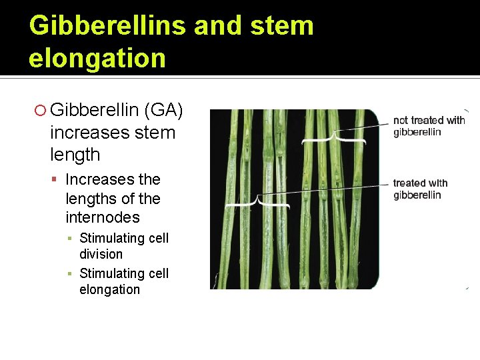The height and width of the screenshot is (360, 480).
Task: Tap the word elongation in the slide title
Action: tap(97, 58)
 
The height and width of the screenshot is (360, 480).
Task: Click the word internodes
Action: tap(103, 217)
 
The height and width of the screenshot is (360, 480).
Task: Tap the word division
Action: tap(101, 254)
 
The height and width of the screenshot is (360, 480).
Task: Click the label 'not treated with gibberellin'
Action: tap(429, 126)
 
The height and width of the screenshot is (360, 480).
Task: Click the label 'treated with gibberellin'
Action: tap(420, 189)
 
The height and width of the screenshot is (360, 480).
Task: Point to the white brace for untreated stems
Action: tap(333, 140)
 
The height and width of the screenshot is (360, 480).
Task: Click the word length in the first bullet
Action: tap(75, 155)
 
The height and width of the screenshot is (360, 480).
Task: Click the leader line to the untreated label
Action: tap(363, 125)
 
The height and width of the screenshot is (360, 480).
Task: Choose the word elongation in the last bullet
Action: tap(109, 289)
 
